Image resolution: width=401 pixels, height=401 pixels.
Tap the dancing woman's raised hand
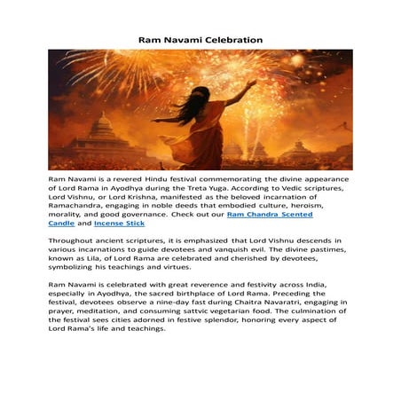[x=254, y=83]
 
